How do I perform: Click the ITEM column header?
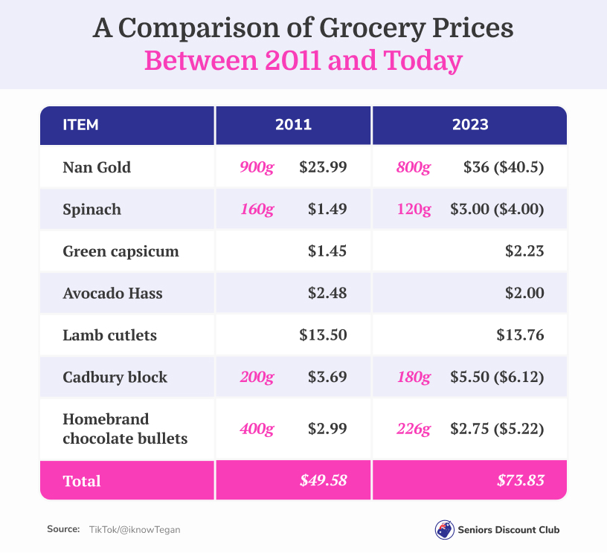pyautogui.click(x=80, y=125)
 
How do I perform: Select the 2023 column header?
pyautogui.click(x=470, y=125)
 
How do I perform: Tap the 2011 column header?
pyautogui.click(x=293, y=125)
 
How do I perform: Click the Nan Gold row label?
pyautogui.click(x=97, y=167)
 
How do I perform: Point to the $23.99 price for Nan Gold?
pyautogui.click(x=323, y=167)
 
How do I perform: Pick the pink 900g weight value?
pyautogui.click(x=257, y=167)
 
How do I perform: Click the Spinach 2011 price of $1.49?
pyautogui.click(x=327, y=210)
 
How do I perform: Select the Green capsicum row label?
pyautogui.click(x=121, y=251)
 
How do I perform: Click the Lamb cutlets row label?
pyautogui.click(x=109, y=335)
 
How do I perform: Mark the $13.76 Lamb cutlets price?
pyautogui.click(x=520, y=335)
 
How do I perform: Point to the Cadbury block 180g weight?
pyautogui.click(x=414, y=378)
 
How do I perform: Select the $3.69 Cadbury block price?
pyautogui.click(x=327, y=378)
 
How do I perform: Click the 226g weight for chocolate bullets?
pyautogui.click(x=414, y=429)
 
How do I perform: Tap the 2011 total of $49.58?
pyautogui.click(x=324, y=480)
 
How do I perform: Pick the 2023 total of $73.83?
pyautogui.click(x=521, y=480)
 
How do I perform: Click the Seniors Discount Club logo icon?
pyautogui.click(x=444, y=530)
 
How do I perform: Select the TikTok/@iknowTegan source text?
pyautogui.click(x=134, y=529)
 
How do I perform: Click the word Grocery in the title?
pyautogui.click(x=373, y=29)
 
